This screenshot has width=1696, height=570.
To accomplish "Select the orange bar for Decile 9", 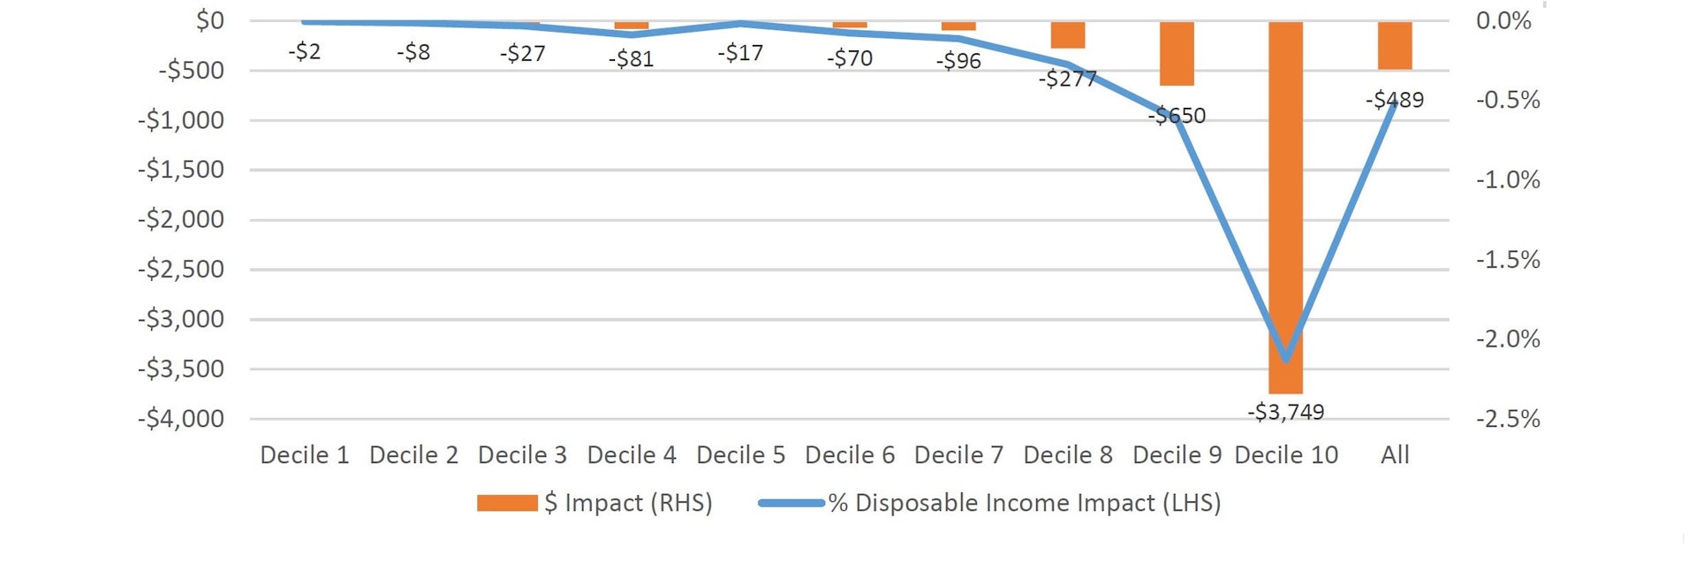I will tap(1177, 53).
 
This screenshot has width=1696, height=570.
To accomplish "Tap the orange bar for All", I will tap(1395, 45).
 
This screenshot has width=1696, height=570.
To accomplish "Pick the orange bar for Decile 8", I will tap(1068, 34).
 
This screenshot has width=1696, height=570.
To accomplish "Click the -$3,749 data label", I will tap(1285, 412).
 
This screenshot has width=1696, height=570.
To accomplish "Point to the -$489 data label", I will tap(1395, 100).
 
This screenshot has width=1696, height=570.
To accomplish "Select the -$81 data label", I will tap(631, 59).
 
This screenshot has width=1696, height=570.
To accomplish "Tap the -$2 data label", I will tap(304, 51).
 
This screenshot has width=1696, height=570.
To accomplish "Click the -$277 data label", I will tap(1067, 79).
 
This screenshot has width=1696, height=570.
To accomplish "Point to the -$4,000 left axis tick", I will tap(181, 418).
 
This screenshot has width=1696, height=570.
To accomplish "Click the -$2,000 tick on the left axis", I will tap(181, 219).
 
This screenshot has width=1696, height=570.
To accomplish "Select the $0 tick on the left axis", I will tap(209, 20).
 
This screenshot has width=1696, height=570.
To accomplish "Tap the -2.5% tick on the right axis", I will tap(1508, 418).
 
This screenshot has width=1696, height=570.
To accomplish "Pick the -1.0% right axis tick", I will tap(1508, 180).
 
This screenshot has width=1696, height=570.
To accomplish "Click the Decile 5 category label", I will tap(740, 455).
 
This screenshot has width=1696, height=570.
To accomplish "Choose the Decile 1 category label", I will tap(304, 455).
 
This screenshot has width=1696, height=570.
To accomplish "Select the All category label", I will tap(1395, 455).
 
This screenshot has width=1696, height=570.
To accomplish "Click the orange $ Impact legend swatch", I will tap(507, 503).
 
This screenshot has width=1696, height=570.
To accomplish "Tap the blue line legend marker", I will tap(791, 503).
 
